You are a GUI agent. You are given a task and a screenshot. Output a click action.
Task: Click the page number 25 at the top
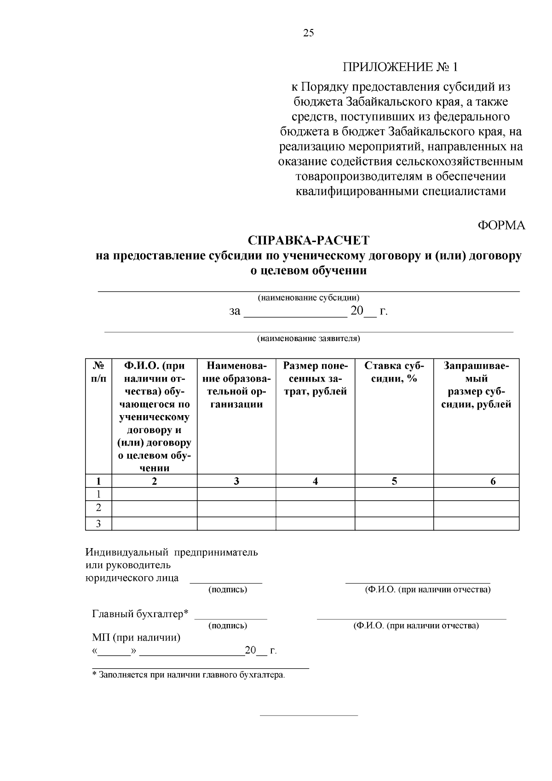309,33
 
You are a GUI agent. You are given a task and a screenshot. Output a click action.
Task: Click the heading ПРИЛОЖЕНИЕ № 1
400,67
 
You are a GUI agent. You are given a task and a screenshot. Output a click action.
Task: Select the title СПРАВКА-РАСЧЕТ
308,240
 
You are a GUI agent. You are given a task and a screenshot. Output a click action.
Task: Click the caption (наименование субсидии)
308,298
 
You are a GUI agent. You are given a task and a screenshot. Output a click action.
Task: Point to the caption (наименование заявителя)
308,339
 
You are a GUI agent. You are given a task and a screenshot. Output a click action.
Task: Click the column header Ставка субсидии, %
394,372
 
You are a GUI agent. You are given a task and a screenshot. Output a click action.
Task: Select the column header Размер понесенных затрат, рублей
315,379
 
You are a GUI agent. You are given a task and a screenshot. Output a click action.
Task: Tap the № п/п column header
98,372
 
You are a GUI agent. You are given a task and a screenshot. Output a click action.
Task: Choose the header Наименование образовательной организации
236,385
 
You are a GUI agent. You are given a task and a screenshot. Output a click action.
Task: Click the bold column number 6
493,481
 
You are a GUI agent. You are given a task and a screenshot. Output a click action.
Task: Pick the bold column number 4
315,481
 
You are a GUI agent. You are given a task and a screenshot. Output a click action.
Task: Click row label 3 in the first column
98,524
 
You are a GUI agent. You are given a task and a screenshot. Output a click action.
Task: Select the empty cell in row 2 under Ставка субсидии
394,509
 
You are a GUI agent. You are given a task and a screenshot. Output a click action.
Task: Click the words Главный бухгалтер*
141,614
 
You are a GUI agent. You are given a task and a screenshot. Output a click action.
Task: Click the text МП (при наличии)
136,638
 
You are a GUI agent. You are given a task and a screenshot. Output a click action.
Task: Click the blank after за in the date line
294,312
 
